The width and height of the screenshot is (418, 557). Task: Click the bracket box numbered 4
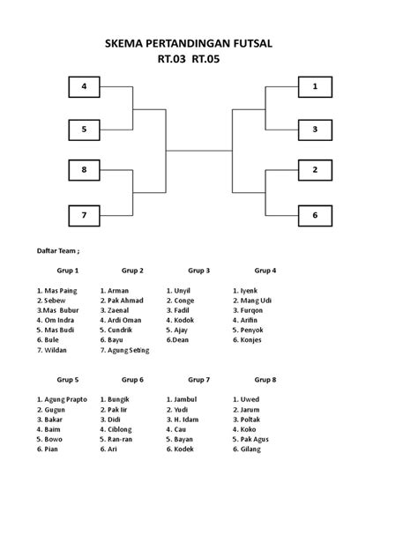coord(85,86)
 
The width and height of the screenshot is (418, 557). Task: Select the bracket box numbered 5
coord(85,130)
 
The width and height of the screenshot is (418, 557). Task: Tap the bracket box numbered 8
coord(85,170)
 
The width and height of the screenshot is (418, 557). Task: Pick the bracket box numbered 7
coord(85,216)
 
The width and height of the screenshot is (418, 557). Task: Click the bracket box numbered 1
coord(316,86)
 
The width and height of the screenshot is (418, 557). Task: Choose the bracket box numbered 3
coord(316,130)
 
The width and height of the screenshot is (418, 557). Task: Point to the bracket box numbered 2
coord(316,170)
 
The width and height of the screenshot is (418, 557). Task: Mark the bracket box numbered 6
coord(316,216)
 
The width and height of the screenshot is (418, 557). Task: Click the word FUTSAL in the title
coord(253,43)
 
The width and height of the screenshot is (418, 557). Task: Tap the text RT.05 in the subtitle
coord(205,59)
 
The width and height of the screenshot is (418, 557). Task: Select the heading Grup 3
coord(199,271)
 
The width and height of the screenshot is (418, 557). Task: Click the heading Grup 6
coord(132,380)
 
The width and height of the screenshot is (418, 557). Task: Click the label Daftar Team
coord(56,251)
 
